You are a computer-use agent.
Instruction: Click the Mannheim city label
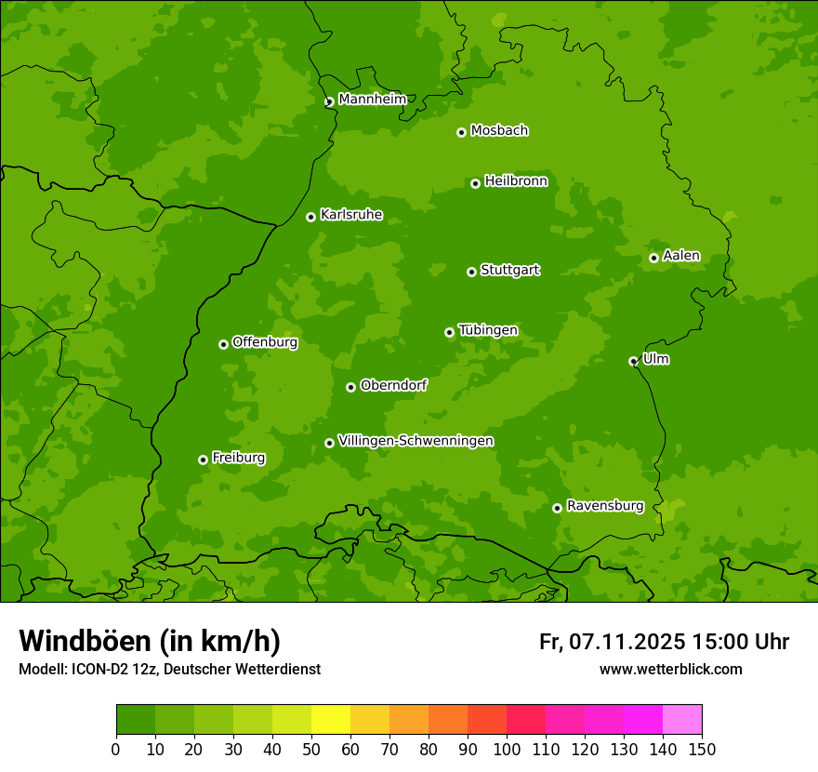372,100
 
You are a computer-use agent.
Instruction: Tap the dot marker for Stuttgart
471,272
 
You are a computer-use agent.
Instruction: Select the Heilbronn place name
516,181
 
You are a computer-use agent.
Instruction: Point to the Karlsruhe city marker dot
310,217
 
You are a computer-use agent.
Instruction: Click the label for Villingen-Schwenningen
416,441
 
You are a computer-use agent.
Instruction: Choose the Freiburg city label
238,458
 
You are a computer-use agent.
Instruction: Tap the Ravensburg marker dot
557,508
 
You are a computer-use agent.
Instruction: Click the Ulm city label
655,359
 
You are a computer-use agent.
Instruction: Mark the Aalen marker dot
653,258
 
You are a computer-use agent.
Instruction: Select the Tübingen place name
488,330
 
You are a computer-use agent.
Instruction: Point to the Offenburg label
265,342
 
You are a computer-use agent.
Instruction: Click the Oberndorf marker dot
350,387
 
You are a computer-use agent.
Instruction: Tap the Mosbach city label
499,131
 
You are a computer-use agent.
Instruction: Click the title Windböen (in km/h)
149,641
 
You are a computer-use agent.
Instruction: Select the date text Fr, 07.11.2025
613,642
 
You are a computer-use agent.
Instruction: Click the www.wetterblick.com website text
670,670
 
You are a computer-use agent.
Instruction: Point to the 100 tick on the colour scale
507,749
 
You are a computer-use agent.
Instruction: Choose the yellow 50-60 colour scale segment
331,720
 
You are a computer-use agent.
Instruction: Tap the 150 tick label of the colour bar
702,749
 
